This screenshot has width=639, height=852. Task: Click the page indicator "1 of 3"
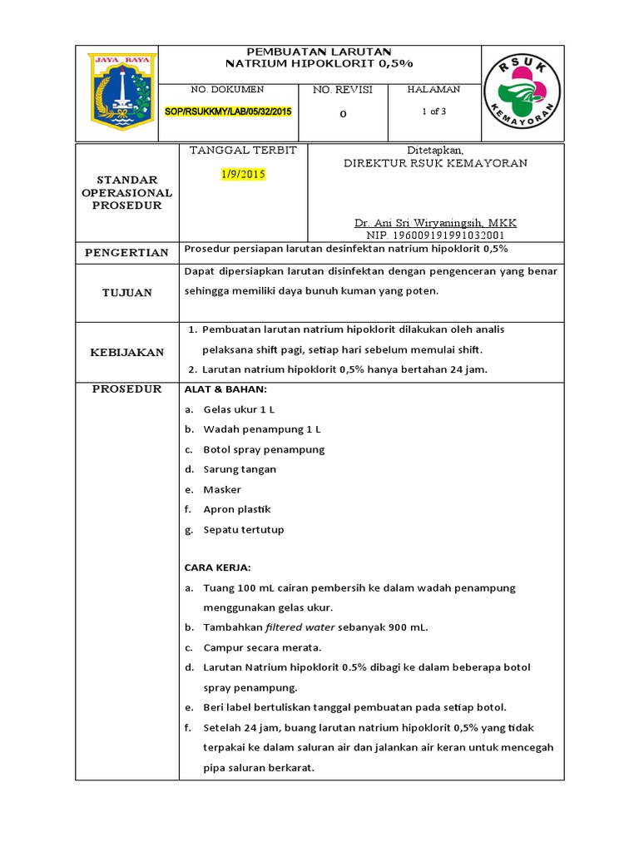[x=433, y=111]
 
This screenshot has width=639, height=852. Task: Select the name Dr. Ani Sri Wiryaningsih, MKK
[x=435, y=223]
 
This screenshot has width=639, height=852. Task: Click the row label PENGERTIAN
[x=128, y=252]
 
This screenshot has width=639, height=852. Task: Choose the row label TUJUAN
[x=127, y=292]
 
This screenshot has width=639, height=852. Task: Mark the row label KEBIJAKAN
[x=127, y=352]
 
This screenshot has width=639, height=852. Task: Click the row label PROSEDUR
[x=127, y=389]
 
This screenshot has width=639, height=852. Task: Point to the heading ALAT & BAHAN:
[x=225, y=389]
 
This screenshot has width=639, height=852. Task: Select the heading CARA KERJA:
[x=217, y=567]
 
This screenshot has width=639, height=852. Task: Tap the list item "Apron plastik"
[x=237, y=509]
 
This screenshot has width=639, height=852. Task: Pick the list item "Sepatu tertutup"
[x=244, y=529]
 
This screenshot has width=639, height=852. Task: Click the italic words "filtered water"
[x=297, y=627]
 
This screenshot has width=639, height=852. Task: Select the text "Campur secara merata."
[x=262, y=647]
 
